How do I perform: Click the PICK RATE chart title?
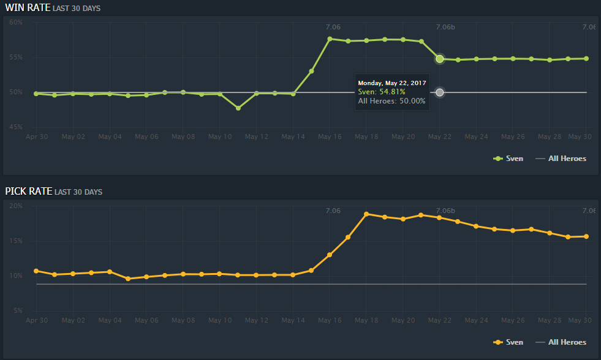(28, 192)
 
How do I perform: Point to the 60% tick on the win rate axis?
(16, 22)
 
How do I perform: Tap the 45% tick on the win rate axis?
(16, 127)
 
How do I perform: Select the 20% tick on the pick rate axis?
(16, 206)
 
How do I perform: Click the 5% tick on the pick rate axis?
(16, 311)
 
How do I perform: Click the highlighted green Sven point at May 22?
(439, 59)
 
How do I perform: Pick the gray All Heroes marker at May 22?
(439, 92)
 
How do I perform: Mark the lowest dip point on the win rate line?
(238, 108)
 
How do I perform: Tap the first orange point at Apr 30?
(36, 271)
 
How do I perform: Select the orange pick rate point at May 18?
(366, 214)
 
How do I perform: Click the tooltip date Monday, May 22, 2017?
(391, 83)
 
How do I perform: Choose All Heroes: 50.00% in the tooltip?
(391, 101)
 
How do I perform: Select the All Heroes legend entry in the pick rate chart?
(561, 342)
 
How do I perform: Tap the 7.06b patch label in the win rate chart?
(445, 27)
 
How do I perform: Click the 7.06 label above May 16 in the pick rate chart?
(333, 211)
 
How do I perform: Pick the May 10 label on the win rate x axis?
(219, 137)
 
